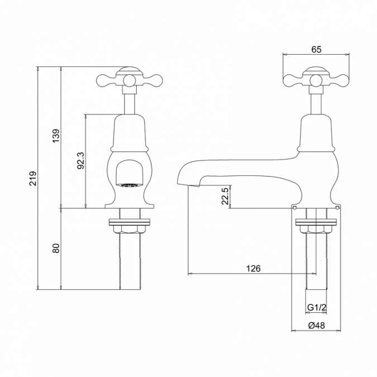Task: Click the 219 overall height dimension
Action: pos(33,178)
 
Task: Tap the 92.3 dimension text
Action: pos(80,161)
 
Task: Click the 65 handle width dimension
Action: pos(316,50)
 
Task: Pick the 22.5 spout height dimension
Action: pos(225,196)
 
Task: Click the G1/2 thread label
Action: pos(316,308)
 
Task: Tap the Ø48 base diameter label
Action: pos(316,326)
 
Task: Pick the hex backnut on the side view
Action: pos(316,227)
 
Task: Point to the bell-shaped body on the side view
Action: pos(316,134)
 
